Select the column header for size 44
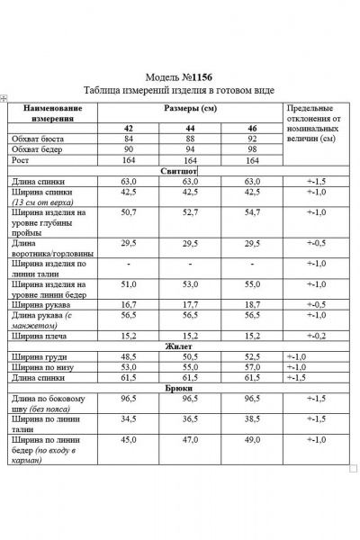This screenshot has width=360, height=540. pos(190,128)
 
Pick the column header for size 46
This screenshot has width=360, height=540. pos(252,128)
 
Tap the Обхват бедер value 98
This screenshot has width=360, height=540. pos(252,148)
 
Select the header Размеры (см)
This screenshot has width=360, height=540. pos(191,109)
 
